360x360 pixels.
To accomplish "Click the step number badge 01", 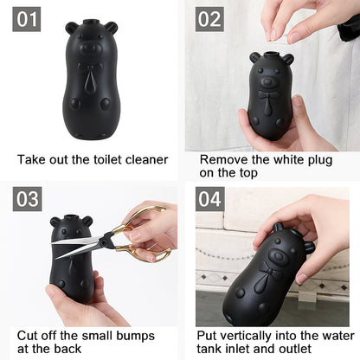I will pos(27,19).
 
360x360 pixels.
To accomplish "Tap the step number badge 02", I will pos(209,19).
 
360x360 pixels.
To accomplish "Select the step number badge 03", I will pos(27,199).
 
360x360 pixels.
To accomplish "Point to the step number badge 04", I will pos(209,199).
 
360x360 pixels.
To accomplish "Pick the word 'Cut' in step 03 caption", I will pos(27,334).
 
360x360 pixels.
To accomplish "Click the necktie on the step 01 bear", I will pos(91,82).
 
